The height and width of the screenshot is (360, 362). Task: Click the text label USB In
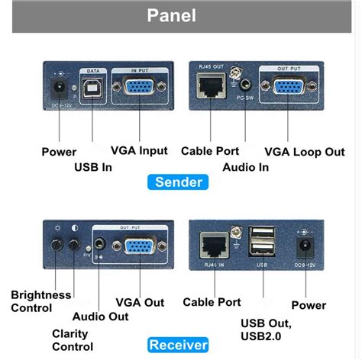coord(96,166)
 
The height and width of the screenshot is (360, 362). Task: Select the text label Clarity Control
coord(72,340)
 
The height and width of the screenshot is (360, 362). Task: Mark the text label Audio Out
coord(100,316)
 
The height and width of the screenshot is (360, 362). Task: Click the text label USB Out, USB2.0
coord(266,329)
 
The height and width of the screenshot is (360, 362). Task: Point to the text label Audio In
coord(247,166)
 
